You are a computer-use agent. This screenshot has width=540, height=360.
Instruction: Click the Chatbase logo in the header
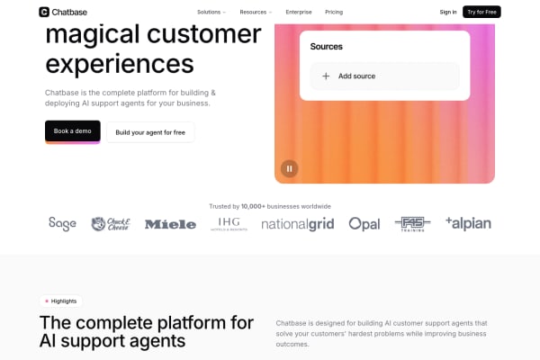(x=63, y=12)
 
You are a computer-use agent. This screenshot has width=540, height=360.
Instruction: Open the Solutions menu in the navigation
(x=211, y=12)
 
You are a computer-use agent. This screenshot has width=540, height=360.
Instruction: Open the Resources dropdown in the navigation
(x=256, y=12)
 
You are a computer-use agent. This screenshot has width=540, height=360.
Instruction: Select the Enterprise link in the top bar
(x=299, y=12)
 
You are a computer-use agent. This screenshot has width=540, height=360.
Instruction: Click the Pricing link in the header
(x=334, y=12)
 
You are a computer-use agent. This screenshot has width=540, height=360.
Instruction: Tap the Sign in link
(x=448, y=12)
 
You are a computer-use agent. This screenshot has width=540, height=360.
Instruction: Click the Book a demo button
(x=73, y=131)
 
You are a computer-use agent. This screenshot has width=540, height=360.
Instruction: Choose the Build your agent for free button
(x=150, y=132)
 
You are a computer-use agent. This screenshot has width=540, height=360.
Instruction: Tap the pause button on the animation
(x=289, y=167)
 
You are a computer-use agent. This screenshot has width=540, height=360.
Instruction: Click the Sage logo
(x=63, y=223)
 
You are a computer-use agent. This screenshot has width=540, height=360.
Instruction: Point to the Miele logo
(x=170, y=224)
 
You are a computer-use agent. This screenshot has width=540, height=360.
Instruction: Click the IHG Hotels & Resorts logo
(x=228, y=224)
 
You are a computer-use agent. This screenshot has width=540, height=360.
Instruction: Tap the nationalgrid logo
(x=297, y=224)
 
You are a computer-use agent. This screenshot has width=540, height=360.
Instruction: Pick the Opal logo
(x=364, y=224)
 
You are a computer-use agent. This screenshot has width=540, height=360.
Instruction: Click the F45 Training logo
(x=413, y=224)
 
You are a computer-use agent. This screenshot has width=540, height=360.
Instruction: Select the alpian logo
(x=468, y=223)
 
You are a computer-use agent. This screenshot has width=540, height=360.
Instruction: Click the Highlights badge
(x=60, y=301)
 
